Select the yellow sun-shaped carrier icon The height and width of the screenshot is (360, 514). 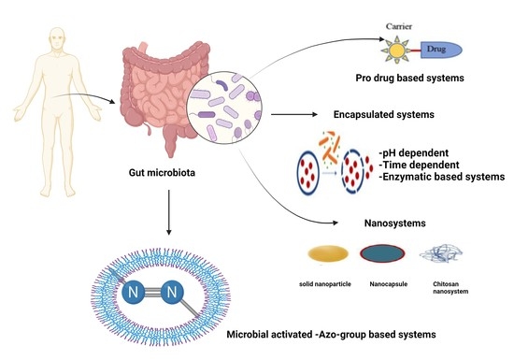(x=395, y=45)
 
